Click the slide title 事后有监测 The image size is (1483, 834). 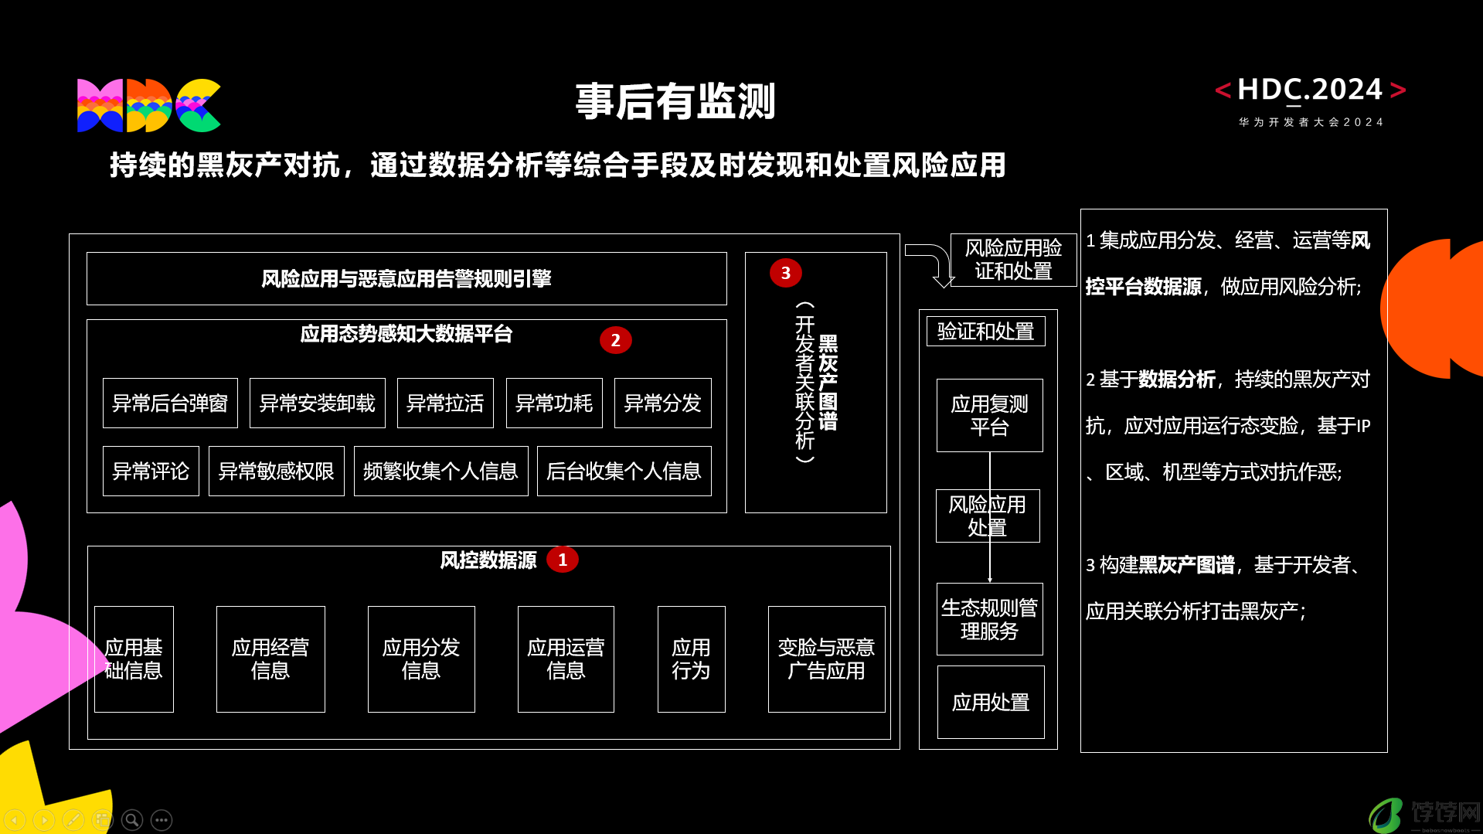tap(675, 101)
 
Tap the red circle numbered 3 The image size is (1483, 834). tap(785, 273)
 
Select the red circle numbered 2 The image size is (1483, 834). tap(615, 340)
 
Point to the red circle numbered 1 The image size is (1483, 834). tap(563, 560)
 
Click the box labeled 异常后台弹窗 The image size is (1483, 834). tap(170, 403)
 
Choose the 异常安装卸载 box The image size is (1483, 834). tap(318, 403)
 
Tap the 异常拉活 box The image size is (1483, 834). tap(445, 403)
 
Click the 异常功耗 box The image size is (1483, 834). tap(554, 403)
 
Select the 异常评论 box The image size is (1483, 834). tap(151, 471)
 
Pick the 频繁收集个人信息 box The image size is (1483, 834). tap(441, 471)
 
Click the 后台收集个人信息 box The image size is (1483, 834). tap(624, 471)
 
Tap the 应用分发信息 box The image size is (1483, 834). tap(421, 659)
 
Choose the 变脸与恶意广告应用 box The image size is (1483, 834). tap(827, 659)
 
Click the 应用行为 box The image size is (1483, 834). tap(692, 659)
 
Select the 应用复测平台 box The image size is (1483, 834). tap(990, 415)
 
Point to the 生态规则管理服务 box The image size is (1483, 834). tap(990, 619)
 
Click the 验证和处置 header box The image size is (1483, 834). tap(986, 331)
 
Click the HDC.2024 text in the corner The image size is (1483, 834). tap(1310, 90)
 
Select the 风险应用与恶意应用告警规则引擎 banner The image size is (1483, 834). tap(406, 278)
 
